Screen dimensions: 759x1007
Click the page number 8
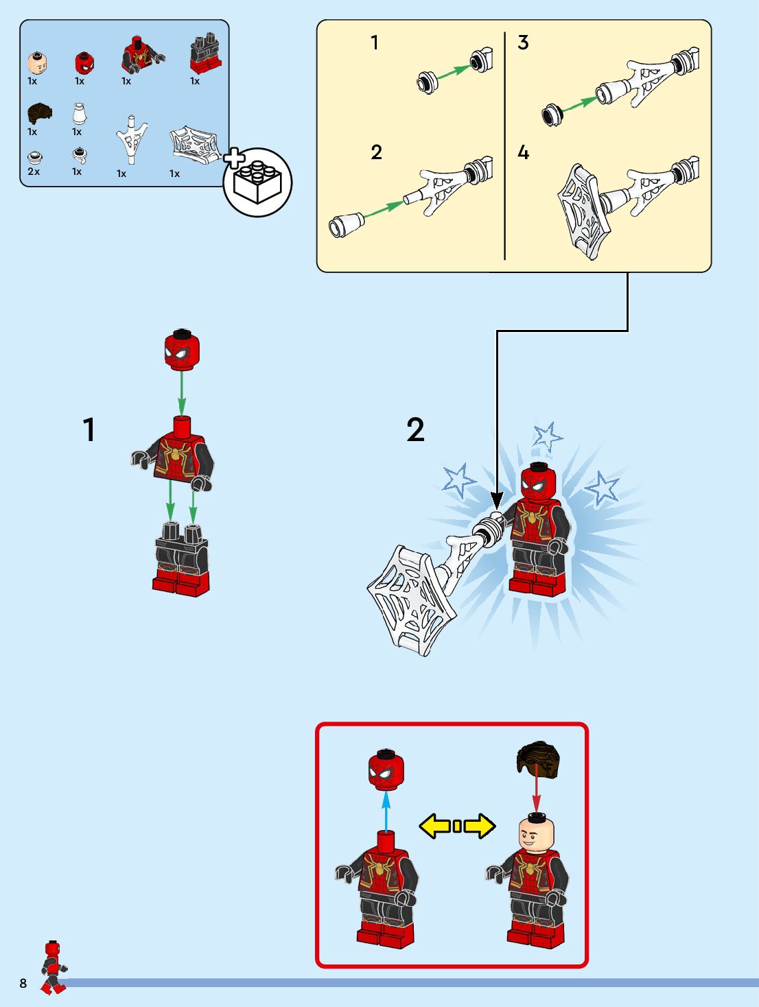pos(23,983)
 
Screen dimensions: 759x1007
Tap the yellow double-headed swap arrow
pos(457,826)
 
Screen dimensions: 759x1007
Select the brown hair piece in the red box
pos(538,759)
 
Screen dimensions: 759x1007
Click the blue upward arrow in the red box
pos(386,811)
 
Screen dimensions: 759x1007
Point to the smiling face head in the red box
pos(536,832)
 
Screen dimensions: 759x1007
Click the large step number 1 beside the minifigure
pos(89,429)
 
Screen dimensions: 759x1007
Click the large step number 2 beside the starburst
pos(415,429)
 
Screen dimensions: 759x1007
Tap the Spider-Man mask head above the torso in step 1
pos(182,349)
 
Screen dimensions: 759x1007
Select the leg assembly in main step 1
pos(182,559)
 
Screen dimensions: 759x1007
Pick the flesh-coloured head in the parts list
pos(37,63)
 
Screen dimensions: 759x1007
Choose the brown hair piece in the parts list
pos(40,113)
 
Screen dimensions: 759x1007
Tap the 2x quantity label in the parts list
pos(34,171)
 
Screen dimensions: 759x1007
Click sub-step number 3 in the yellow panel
pos(523,43)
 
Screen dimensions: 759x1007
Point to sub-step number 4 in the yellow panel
pos(523,152)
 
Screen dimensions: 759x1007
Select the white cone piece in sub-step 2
pos(347,224)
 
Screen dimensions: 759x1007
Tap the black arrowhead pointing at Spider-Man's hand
pos(497,500)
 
